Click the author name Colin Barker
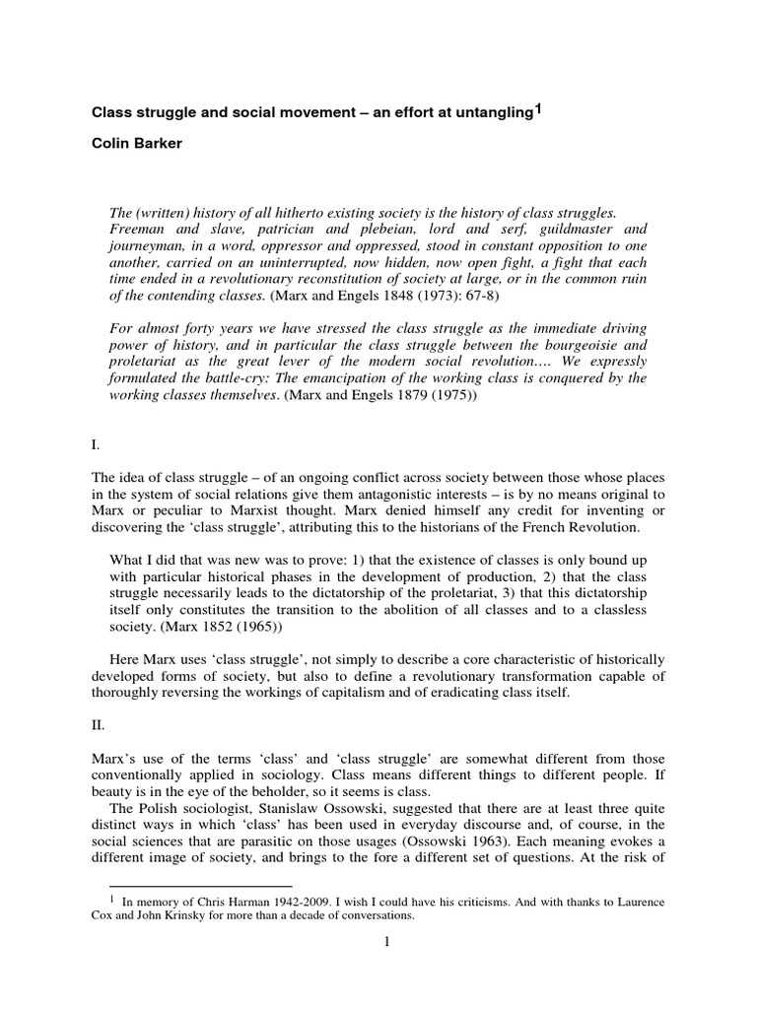[x=137, y=142]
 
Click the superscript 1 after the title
[x=536, y=108]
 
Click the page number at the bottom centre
[x=388, y=942]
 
